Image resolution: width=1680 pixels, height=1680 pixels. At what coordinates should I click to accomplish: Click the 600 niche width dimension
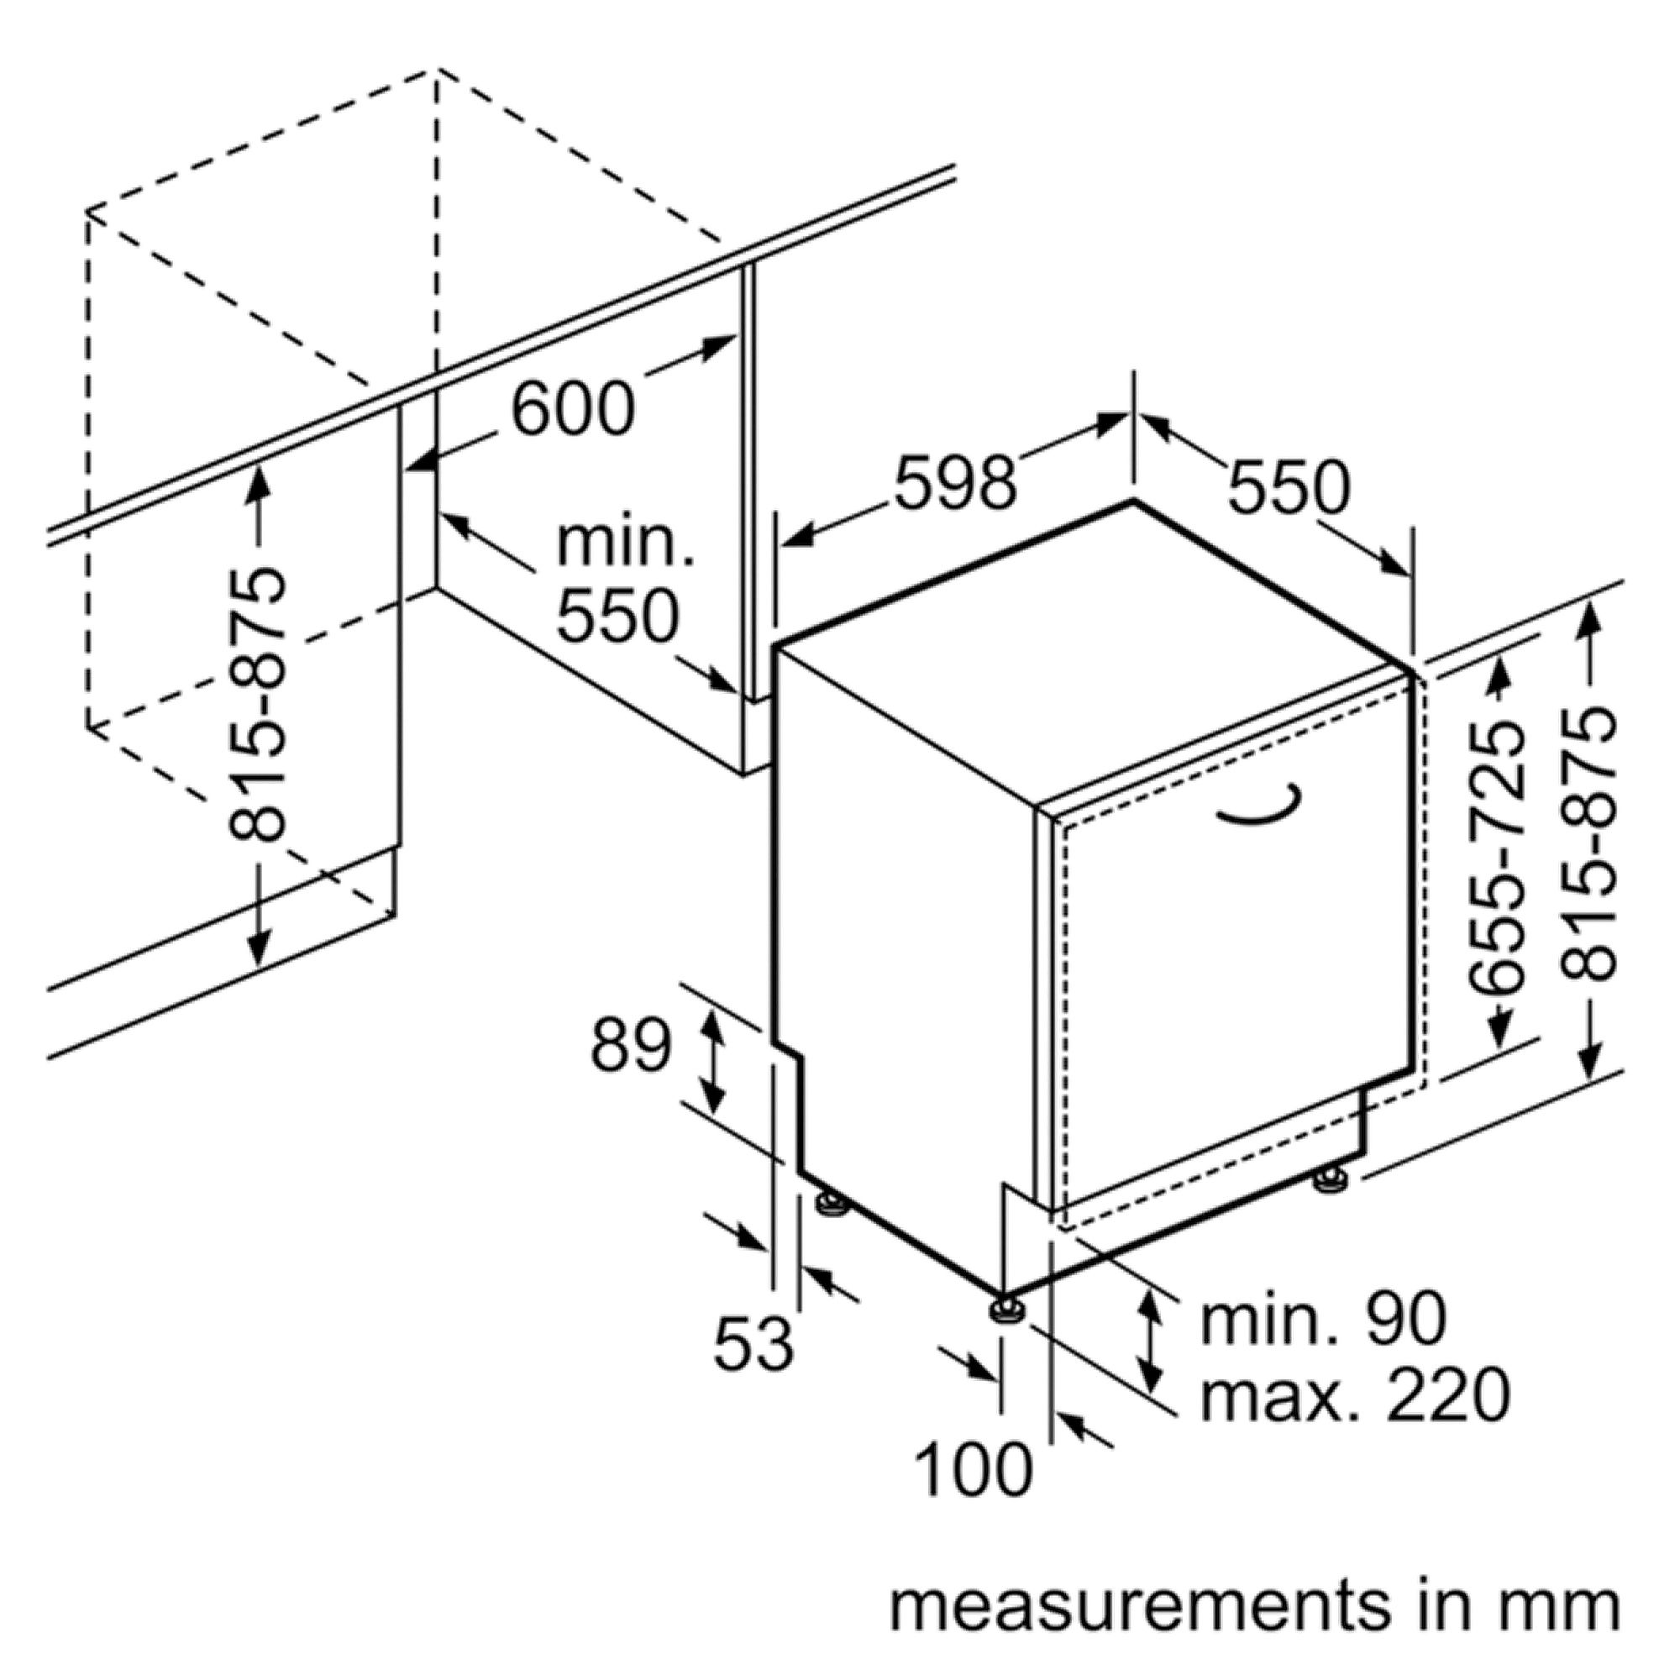573,409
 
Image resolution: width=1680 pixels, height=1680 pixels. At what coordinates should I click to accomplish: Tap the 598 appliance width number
956,481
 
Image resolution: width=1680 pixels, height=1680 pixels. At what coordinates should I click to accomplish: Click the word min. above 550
625,543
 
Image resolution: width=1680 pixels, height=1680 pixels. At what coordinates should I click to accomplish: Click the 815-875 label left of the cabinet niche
257,706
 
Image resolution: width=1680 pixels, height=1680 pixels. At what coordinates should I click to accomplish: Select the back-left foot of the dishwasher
832,1204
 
